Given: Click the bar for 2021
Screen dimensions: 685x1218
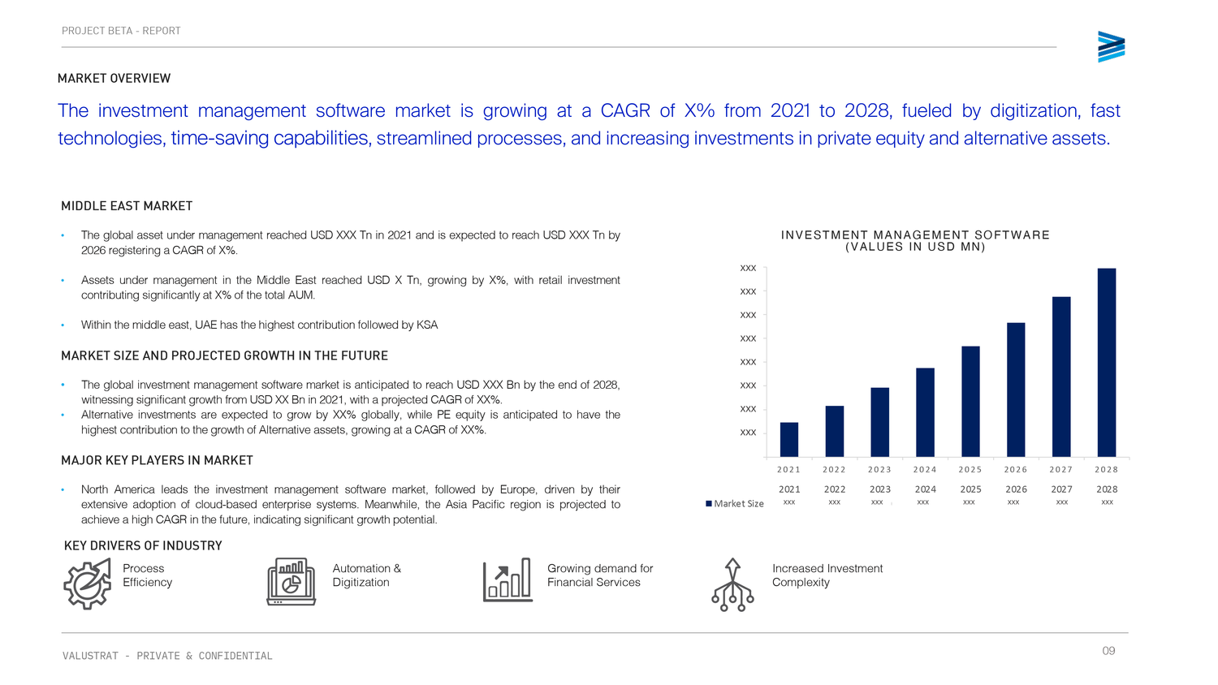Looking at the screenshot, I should (788, 439).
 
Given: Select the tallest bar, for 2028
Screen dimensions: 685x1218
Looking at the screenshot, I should (1106, 362).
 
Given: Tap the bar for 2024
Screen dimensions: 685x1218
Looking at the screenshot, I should (925, 412).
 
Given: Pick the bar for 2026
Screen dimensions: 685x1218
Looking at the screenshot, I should (1016, 390).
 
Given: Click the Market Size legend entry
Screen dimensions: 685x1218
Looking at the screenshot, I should (735, 504).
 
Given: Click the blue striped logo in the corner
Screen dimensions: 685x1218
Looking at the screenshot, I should (1111, 47).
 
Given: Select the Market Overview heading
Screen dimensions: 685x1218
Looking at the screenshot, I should (114, 79).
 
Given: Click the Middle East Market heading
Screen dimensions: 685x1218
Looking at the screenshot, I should (127, 206).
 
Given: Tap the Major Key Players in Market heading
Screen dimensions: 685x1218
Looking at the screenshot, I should (157, 460).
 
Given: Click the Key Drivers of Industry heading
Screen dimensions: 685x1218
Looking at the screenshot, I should (143, 545).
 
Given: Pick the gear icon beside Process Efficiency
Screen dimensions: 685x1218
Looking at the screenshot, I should (87, 583).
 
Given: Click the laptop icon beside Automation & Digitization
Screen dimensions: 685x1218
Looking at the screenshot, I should (291, 581).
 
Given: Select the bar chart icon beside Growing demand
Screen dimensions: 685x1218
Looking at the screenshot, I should (508, 580).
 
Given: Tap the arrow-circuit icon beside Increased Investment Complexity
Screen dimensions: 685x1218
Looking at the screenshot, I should (732, 584).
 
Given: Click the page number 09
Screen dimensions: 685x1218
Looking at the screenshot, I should (1108, 651).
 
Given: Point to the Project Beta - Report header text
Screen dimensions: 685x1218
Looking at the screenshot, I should (121, 31).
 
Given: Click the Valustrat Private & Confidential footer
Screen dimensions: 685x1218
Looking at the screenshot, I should (167, 656).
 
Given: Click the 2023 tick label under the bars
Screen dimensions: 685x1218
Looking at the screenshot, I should (879, 470).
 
